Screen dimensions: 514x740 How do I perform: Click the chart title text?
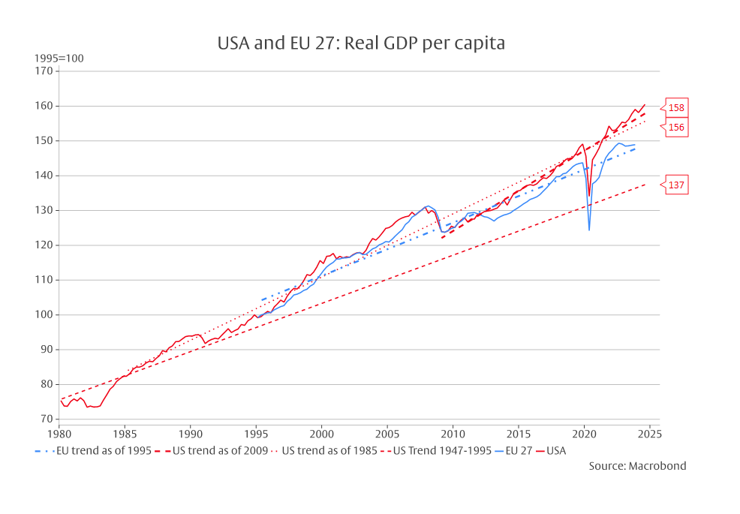click(x=361, y=44)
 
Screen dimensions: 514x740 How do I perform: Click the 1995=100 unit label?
click(x=59, y=59)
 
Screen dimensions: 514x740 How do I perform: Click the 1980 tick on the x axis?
click(x=59, y=434)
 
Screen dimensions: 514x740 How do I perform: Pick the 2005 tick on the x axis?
click(x=387, y=434)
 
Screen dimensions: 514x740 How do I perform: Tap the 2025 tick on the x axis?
click(x=649, y=434)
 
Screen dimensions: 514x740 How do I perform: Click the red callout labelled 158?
click(x=675, y=108)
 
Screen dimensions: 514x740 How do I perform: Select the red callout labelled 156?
click(x=675, y=128)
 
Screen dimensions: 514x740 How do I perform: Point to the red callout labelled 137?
click(x=675, y=185)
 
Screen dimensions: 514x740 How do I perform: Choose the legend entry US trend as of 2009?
click(x=213, y=451)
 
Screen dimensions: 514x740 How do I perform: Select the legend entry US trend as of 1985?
click(x=327, y=451)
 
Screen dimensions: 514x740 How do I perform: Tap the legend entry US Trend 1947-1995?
click(x=438, y=451)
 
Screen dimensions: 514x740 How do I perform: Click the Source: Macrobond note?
click(x=637, y=466)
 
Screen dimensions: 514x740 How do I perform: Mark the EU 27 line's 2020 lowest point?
click(x=589, y=230)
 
